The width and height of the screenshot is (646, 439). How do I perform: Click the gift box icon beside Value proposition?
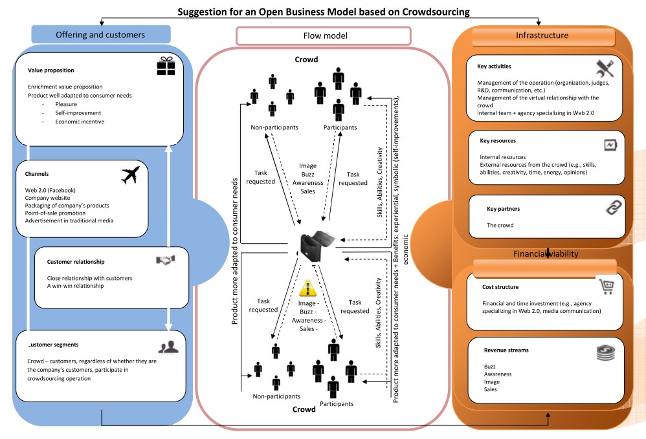[166, 65]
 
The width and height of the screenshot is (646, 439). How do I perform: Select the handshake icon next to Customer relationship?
[165, 260]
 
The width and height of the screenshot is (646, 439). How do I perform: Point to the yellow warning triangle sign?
[309, 287]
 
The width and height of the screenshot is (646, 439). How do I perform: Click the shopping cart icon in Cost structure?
[606, 286]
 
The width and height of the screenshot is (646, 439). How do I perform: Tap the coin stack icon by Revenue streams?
[607, 353]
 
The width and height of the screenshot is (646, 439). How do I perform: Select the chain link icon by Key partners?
[612, 208]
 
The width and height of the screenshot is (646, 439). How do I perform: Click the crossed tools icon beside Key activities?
[607, 67]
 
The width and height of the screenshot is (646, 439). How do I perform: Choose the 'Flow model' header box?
[324, 36]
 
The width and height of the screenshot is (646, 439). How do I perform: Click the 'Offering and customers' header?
[100, 34]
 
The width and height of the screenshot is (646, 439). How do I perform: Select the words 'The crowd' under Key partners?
[499, 225]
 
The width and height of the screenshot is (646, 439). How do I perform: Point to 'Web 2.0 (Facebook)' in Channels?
[50, 190]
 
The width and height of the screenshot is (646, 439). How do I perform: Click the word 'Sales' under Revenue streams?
[490, 389]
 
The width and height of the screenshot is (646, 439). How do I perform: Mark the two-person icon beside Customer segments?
[169, 347]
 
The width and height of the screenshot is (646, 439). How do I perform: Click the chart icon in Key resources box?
[611, 145]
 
